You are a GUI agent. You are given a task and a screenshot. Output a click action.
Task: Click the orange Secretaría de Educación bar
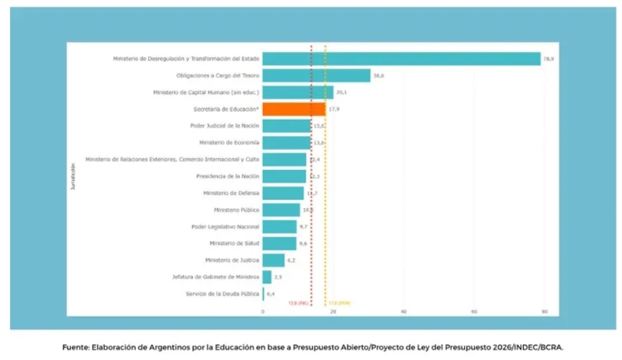pyautogui.click(x=294, y=109)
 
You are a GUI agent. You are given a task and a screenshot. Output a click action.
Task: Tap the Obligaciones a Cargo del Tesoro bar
pyautogui.click(x=316, y=76)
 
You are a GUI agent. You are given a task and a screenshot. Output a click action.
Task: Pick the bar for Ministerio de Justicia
pyautogui.click(x=273, y=260)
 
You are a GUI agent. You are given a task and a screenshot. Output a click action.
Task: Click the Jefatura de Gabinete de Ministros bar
pyautogui.click(x=267, y=277)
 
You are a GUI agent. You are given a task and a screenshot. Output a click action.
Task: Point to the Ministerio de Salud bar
pyautogui.click(x=279, y=243)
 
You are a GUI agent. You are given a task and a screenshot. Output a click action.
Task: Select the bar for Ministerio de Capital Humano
pyautogui.click(x=298, y=93)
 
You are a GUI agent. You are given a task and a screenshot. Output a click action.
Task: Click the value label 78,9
pyautogui.click(x=548, y=59)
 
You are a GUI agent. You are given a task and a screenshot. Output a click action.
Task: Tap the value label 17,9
pyautogui.click(x=334, y=109)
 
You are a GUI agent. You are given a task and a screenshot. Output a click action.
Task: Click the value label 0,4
pyautogui.click(x=270, y=294)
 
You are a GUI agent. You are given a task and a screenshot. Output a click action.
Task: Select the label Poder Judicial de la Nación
pyautogui.click(x=224, y=125)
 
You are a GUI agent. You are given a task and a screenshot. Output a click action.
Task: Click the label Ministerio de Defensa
pyautogui.click(x=234, y=193)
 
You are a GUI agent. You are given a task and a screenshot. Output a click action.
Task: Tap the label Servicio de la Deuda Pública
pyautogui.click(x=222, y=294)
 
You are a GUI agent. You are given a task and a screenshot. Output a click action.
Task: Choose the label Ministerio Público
pyautogui.click(x=236, y=210)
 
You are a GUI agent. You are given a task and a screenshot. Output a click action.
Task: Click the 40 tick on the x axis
pyautogui.click(x=403, y=312)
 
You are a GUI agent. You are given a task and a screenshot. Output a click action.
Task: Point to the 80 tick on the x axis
pyautogui.click(x=544, y=312)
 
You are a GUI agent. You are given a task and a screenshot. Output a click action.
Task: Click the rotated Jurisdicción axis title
pyautogui.click(x=73, y=176)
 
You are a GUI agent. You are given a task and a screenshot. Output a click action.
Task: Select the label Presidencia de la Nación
pyautogui.click(x=228, y=176)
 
